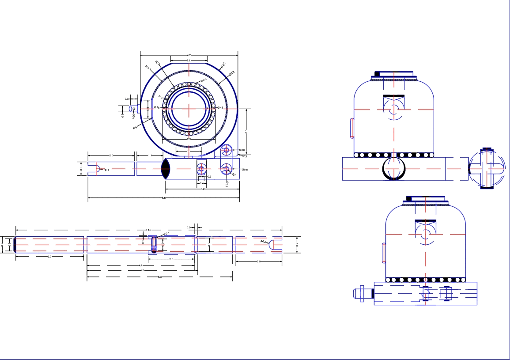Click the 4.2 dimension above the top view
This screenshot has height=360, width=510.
[x=189, y=55]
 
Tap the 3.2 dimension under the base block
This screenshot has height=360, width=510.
[x=203, y=189]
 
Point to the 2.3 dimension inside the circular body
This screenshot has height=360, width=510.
[x=189, y=139]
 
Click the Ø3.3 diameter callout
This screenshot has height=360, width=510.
[x=232, y=73]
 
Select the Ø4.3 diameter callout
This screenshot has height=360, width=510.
[x=223, y=65]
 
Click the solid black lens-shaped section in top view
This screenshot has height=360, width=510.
[x=166, y=168]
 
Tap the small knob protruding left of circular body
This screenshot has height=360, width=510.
[x=132, y=109]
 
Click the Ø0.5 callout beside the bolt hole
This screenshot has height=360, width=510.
[x=244, y=170]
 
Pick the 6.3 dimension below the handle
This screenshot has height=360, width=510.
[x=160, y=277]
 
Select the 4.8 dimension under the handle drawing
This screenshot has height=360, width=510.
[x=141, y=270]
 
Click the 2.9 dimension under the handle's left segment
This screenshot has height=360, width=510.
[x=49, y=257]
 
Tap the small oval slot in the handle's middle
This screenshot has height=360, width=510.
[x=154, y=244]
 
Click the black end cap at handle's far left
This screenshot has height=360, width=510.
[x=15, y=244]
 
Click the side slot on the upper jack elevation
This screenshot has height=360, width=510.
[x=352, y=128]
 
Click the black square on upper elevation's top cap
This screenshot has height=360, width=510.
[x=378, y=74]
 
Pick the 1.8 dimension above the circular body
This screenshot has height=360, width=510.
[x=189, y=61]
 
